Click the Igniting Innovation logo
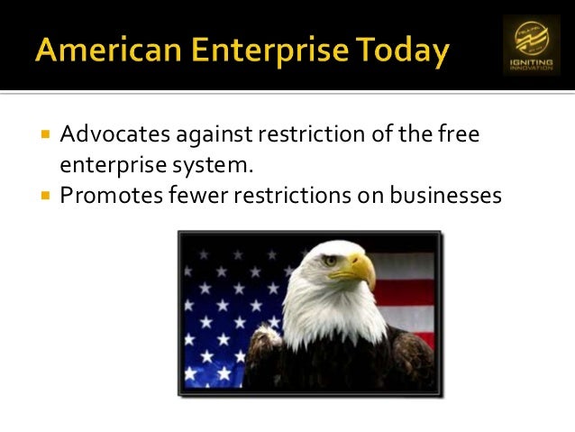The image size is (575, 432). pyautogui.click(x=531, y=45)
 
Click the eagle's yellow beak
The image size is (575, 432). pyautogui.click(x=360, y=270)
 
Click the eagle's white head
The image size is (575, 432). pyautogui.click(x=315, y=289)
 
